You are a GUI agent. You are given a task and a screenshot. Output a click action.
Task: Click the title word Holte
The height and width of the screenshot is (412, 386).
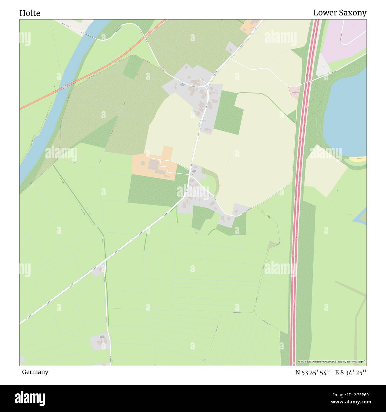30,13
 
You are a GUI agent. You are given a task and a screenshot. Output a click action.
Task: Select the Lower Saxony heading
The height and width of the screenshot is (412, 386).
340,13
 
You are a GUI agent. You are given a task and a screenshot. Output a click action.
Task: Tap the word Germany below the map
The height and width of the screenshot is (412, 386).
35,372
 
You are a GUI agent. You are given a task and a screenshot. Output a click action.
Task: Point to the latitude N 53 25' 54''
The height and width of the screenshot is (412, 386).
313,373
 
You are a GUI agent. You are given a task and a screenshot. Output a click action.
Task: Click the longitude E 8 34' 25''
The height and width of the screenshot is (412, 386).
351,373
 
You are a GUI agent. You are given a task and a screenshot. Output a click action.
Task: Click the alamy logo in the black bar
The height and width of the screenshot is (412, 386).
30,398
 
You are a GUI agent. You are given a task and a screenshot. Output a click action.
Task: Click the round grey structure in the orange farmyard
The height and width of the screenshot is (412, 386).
143,163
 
